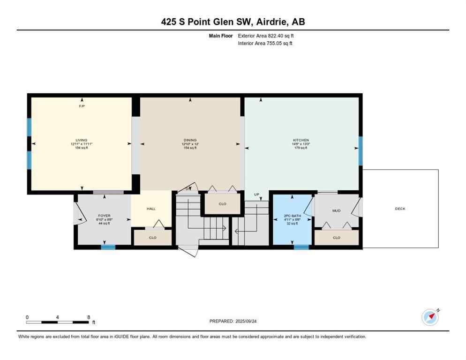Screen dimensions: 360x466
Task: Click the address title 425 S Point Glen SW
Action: coord(233,22)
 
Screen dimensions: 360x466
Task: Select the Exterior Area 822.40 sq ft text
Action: coord(266,36)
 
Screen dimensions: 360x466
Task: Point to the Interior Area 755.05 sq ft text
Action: coord(266,44)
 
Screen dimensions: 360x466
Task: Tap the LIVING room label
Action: coord(82,140)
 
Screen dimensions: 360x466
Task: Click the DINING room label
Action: coord(190,140)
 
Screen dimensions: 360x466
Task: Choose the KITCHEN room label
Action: coord(301,140)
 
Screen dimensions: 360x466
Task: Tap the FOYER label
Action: coord(104,216)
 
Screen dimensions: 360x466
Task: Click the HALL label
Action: coord(151,209)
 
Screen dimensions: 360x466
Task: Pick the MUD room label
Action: coord(336,211)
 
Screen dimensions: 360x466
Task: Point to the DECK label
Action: coord(400,209)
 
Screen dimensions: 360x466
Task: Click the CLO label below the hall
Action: coord(152,238)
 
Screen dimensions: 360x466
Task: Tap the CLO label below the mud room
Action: coord(336,238)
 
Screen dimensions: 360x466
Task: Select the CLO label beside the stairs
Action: coord(222,204)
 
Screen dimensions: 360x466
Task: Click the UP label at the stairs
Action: coord(256,195)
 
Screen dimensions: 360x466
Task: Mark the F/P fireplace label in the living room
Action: coord(82,106)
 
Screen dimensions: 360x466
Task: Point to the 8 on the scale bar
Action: coord(89,317)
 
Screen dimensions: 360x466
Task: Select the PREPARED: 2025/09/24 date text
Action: coord(233,321)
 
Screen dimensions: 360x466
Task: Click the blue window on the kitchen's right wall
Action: coord(361,151)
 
